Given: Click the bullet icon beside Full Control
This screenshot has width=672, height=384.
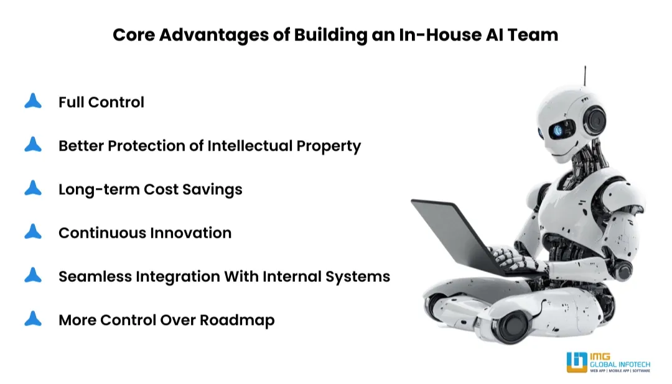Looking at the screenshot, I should click(x=33, y=101).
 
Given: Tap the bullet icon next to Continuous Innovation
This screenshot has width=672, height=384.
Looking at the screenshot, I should click(x=33, y=232).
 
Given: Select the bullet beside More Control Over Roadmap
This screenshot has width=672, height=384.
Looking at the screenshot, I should click(x=33, y=319).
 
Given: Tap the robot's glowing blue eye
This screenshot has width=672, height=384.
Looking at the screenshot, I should click(x=557, y=129).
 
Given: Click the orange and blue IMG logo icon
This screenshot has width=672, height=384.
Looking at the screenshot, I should click(x=577, y=362).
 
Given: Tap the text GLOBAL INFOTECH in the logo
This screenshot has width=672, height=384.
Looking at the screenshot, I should click(x=620, y=363).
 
